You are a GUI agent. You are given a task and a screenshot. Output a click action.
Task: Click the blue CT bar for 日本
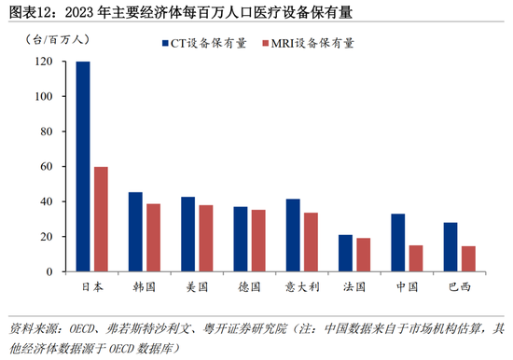[x=83, y=167]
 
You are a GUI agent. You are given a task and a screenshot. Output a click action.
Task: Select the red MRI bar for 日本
[x=101, y=219]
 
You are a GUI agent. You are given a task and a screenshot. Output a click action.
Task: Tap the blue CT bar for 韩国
[x=135, y=232]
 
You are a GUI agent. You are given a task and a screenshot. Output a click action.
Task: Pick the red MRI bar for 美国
[x=206, y=239]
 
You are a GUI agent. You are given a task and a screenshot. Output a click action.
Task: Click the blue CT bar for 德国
[x=241, y=240]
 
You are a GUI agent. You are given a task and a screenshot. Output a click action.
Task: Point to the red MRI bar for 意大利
[x=311, y=242]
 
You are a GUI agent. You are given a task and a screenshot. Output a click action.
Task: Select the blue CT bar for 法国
[x=345, y=254]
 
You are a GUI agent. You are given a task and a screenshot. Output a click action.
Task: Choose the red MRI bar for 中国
[x=416, y=258]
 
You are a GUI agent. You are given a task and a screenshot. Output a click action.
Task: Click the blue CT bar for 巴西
[x=451, y=247]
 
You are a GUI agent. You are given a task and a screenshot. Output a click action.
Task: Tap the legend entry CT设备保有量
[x=204, y=43]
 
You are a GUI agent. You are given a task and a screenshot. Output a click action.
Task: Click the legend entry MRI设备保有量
[x=308, y=43]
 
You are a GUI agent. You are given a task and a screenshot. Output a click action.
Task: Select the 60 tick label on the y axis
[x=47, y=166]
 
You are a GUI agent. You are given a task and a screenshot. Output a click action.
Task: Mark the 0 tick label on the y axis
[x=49, y=271]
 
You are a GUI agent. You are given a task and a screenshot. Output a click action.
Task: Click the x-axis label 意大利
[x=302, y=287]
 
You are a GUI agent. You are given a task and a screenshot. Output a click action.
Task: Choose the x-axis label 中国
[x=407, y=287]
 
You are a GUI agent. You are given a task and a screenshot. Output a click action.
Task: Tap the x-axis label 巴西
[x=460, y=287]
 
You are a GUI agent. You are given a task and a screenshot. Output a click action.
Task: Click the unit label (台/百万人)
[x=57, y=40]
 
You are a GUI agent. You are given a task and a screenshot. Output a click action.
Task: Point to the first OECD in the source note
[x=81, y=328]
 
